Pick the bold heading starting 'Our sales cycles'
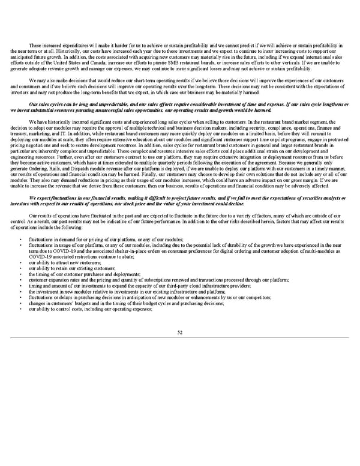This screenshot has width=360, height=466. pyautogui.click(x=180, y=106)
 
